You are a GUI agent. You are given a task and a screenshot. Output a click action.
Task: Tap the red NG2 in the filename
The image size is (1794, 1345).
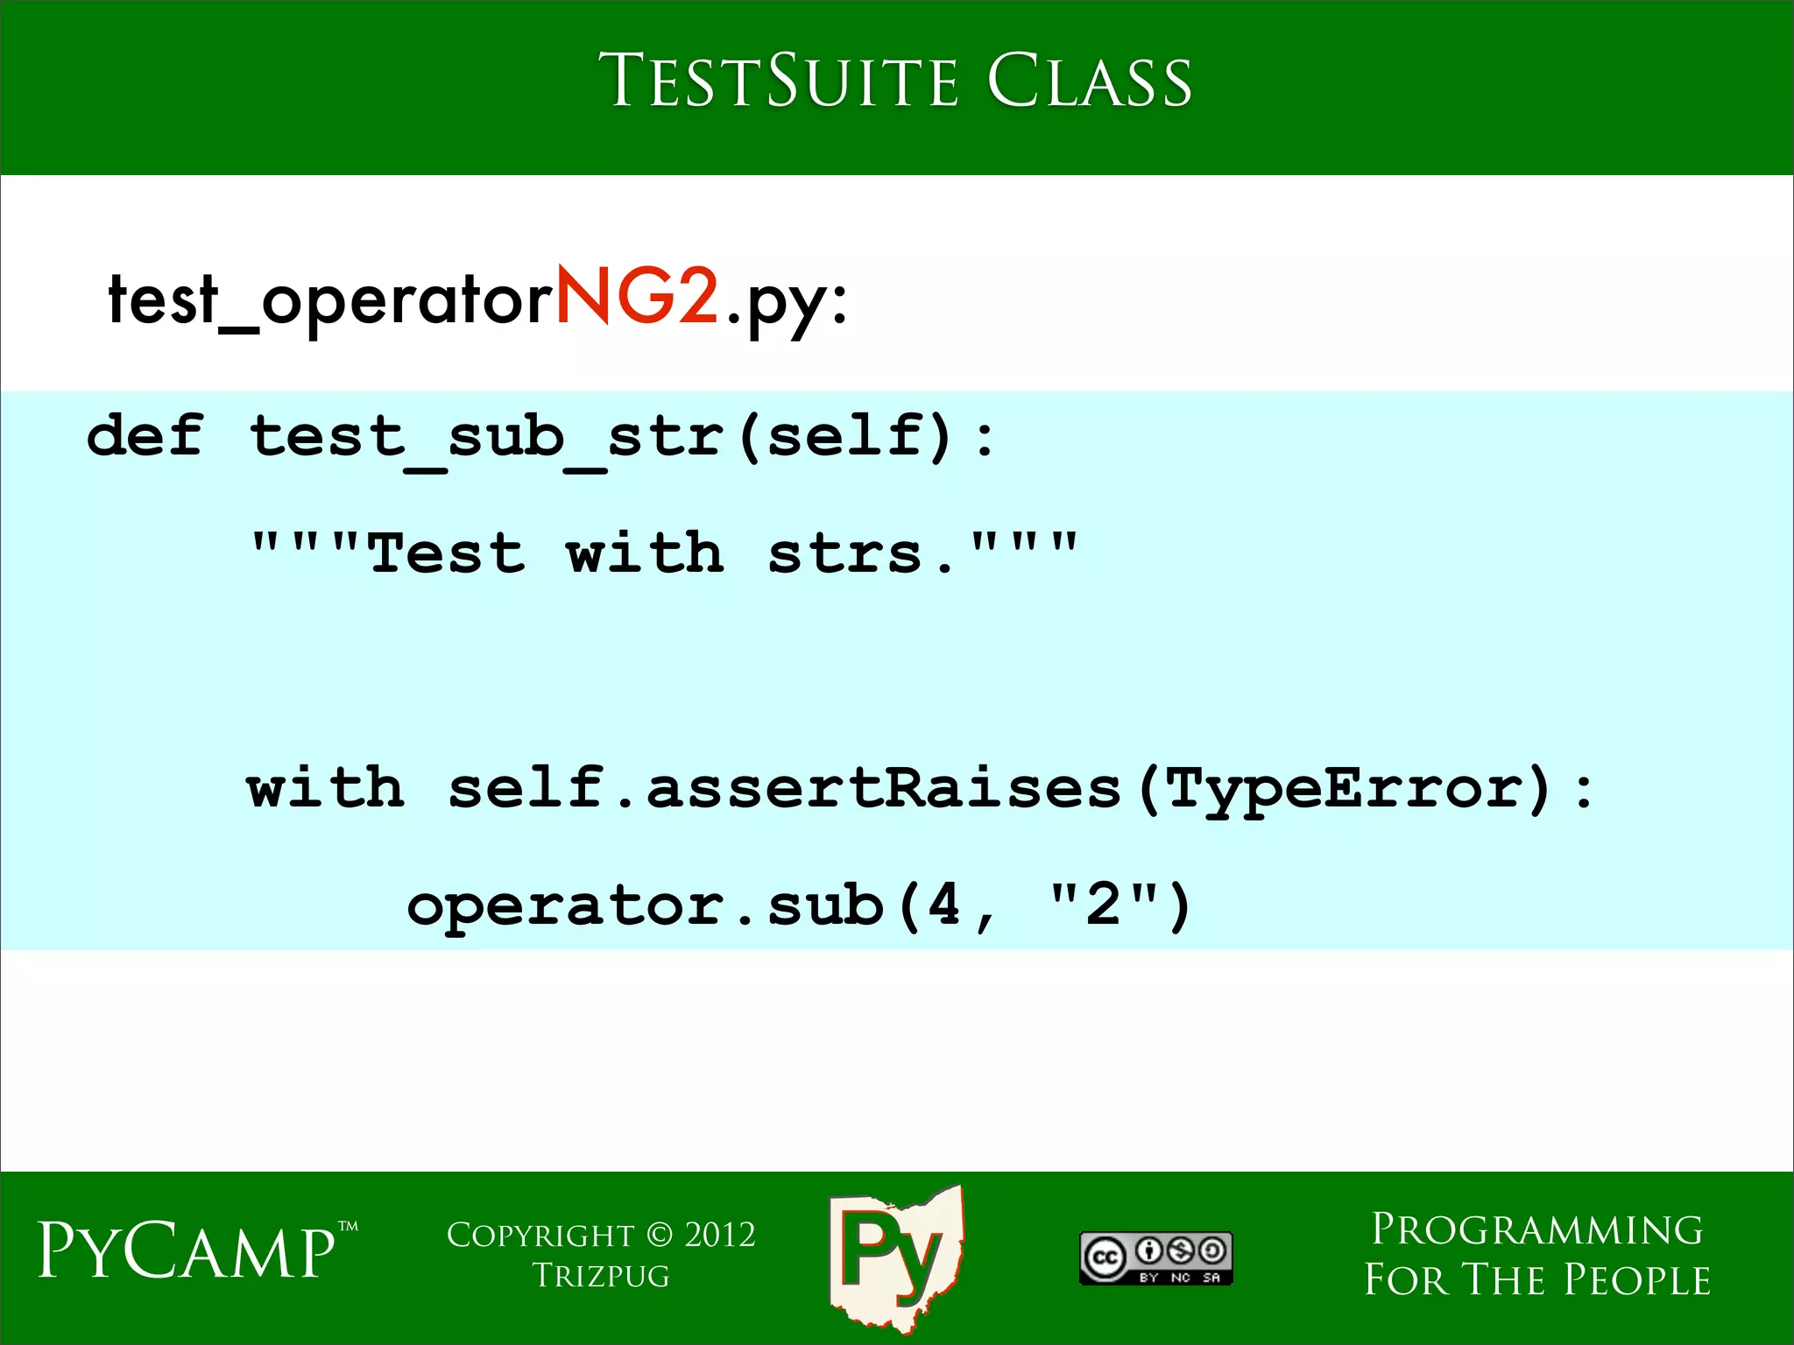pyautogui.click(x=637, y=298)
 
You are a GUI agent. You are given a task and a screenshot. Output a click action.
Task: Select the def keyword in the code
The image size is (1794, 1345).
pyautogui.click(x=145, y=435)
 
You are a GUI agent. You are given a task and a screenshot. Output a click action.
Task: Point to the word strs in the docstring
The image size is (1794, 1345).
pyautogui.click(x=845, y=553)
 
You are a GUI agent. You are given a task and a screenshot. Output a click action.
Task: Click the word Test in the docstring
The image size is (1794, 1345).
pyautogui.click(x=447, y=553)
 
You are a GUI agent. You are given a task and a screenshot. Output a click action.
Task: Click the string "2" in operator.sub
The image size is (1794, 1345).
pyautogui.click(x=1103, y=905)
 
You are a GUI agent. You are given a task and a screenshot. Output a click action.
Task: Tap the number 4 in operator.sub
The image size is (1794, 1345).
pyautogui.click(x=943, y=905)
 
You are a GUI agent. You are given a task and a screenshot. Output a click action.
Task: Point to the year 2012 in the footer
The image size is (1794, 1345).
pyautogui.click(x=719, y=1235)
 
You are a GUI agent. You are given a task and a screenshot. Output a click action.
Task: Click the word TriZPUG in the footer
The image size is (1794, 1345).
pyautogui.click(x=601, y=1276)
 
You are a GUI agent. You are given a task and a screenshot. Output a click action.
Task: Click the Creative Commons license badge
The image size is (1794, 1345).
pyautogui.click(x=1155, y=1257)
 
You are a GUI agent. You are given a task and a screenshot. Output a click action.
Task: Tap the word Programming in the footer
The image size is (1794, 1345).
pyautogui.click(x=1536, y=1229)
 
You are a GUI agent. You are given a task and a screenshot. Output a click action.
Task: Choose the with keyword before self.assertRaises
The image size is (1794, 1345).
pyautogui.click(x=325, y=787)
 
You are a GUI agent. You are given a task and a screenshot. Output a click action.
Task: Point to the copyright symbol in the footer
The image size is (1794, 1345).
pyautogui.click(x=660, y=1235)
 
